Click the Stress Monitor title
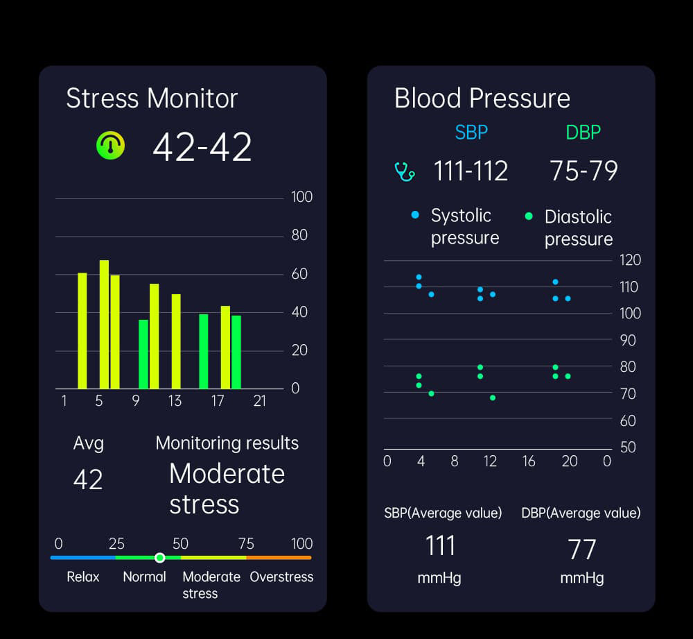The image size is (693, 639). (152, 99)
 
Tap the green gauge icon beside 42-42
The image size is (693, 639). (110, 146)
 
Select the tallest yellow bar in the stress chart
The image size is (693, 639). (104, 324)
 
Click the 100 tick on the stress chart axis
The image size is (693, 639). (302, 197)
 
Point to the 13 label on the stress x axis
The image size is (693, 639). (175, 401)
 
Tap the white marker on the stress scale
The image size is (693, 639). (160, 557)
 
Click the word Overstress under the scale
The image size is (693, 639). (281, 577)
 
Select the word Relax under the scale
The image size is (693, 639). (83, 577)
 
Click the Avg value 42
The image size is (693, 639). (88, 479)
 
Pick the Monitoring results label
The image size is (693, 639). (227, 443)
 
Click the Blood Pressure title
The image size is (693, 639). (482, 99)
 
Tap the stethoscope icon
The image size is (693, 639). (404, 171)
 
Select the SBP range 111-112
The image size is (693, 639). (471, 171)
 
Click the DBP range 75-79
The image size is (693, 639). (584, 171)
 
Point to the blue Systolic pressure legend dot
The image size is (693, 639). (415, 215)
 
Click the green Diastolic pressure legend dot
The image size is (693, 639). (529, 216)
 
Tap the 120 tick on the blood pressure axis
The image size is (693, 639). (630, 260)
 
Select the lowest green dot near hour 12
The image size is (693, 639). (493, 398)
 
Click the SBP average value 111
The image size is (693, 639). (440, 546)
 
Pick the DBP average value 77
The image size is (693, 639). (581, 549)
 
